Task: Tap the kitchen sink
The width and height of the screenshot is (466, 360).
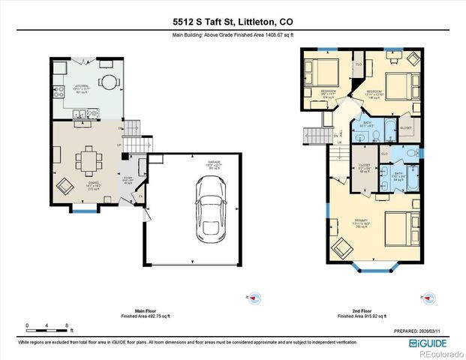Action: click(x=81, y=114)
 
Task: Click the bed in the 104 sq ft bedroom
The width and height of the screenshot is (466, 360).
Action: click(x=324, y=73)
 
